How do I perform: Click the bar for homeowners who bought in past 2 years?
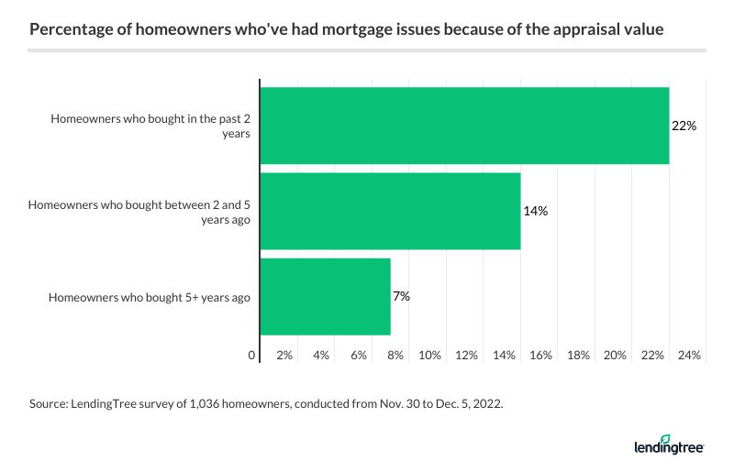coord(464,126)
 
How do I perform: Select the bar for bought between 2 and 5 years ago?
coord(390,211)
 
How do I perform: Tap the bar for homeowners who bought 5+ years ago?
coord(325,296)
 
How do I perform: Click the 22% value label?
coord(684,126)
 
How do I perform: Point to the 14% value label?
coord(535,211)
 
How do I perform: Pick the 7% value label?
coord(401,296)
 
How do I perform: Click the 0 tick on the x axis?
coord(252,355)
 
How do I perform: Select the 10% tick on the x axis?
coord(429,355)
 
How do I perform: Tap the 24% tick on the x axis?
coord(689,355)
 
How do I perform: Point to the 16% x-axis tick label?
coord(540,355)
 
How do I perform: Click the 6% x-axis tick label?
coord(359,355)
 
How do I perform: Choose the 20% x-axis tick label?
coord(615,355)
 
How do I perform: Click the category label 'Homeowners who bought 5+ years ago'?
coord(150,296)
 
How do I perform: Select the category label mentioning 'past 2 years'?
coord(150,126)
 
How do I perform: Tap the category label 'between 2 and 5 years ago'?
coord(139,211)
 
